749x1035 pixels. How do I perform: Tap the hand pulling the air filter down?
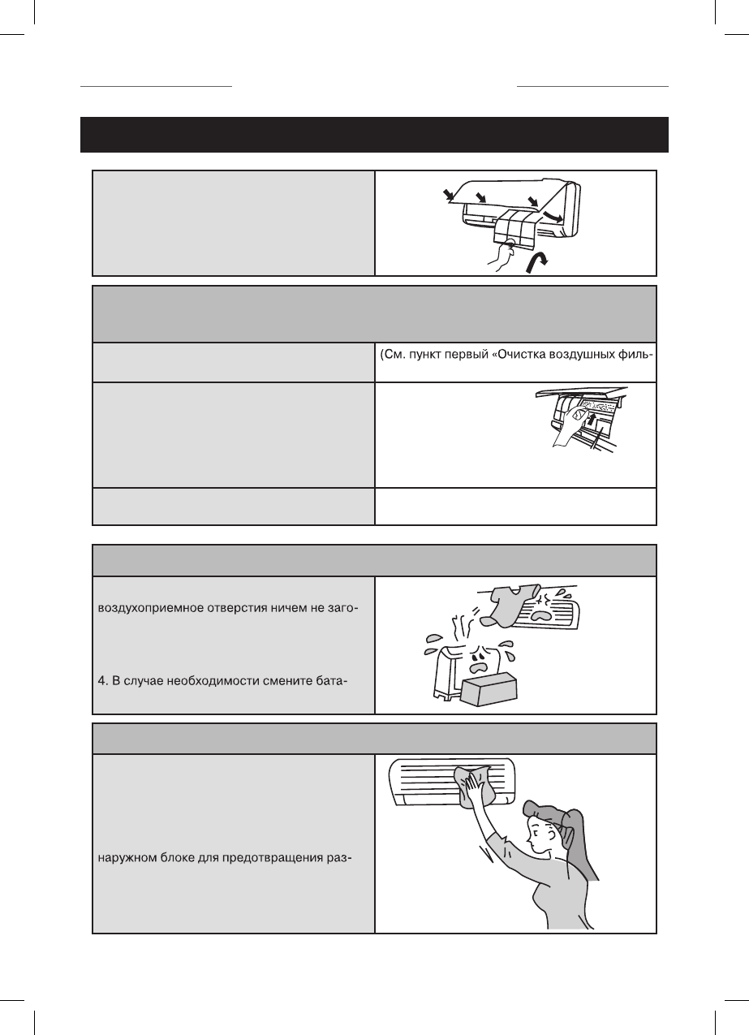[x=497, y=261]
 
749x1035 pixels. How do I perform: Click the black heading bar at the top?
[x=374, y=135]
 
